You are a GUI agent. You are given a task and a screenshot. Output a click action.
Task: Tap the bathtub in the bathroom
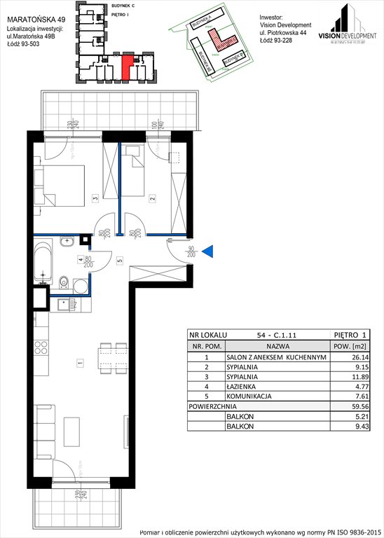pyautogui.click(x=43, y=263)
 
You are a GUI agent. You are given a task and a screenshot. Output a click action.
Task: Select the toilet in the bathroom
pyautogui.click(x=63, y=283)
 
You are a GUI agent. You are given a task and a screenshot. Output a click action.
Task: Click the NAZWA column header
pyautogui.click(x=263, y=346)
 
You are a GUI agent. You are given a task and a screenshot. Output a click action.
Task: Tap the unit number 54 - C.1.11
pyautogui.click(x=262, y=336)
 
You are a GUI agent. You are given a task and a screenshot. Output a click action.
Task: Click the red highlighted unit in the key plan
pyautogui.click(x=125, y=68)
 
